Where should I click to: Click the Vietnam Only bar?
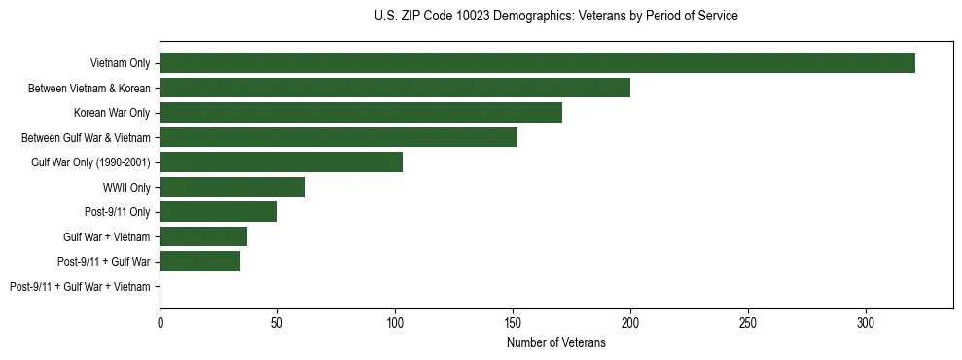click(x=537, y=63)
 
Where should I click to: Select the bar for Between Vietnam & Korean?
click(x=395, y=88)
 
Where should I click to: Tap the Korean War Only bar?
click(x=361, y=113)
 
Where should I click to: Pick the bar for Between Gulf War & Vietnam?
click(x=338, y=137)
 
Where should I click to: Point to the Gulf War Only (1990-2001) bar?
click(x=281, y=162)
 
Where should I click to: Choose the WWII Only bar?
click(x=232, y=187)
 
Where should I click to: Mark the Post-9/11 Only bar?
click(x=219, y=212)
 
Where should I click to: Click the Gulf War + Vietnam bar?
click(x=203, y=236)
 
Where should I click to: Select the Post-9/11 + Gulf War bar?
click(x=200, y=262)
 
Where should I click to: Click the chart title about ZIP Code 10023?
click(x=555, y=17)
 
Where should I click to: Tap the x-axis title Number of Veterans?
click(x=555, y=342)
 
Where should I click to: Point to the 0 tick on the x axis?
click(x=160, y=321)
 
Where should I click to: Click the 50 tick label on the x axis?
click(x=277, y=321)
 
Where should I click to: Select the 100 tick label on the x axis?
click(x=395, y=321)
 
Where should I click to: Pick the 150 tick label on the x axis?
click(x=513, y=321)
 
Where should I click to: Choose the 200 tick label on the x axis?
click(x=630, y=321)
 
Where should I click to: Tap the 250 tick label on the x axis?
click(x=748, y=321)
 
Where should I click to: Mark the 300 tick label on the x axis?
click(x=866, y=321)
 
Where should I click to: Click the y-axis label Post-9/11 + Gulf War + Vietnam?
click(x=80, y=287)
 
